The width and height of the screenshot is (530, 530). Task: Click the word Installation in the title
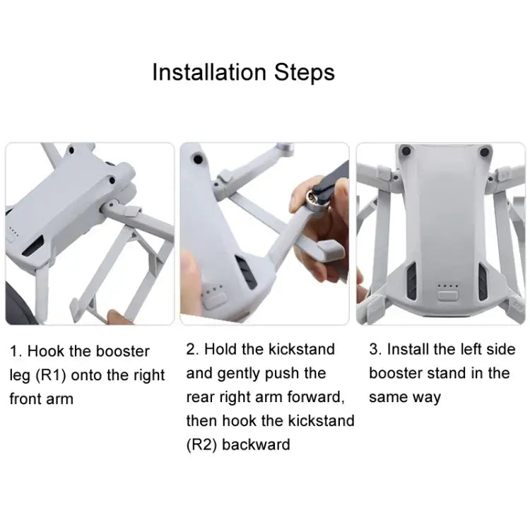(208, 72)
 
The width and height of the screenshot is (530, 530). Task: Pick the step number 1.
(14, 351)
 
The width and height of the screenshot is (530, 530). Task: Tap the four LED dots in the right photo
(446, 287)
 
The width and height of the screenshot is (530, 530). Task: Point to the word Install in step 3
(408, 349)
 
